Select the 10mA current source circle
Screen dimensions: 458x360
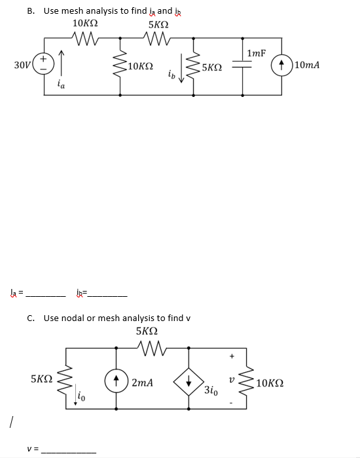[283, 66]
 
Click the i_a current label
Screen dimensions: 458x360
[61, 83]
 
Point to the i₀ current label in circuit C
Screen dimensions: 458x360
[80, 394]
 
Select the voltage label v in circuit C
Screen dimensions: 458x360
[232, 379]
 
